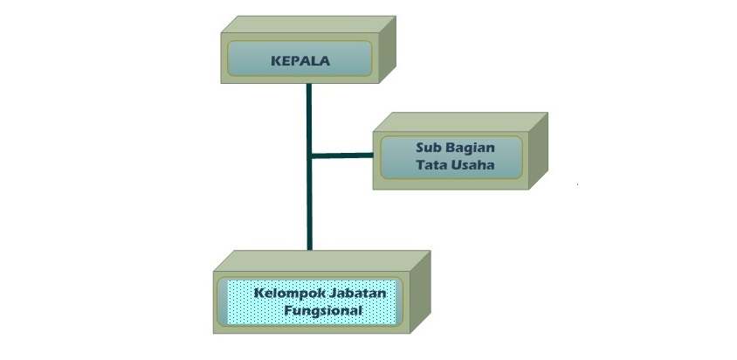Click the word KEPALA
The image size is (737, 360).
coord(300,61)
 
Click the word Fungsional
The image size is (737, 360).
coord(323,312)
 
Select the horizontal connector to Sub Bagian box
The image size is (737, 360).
coord(342,156)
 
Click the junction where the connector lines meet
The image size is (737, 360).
coord(309,156)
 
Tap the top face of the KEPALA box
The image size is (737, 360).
coord(308,24)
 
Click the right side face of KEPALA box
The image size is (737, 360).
coord(388,49)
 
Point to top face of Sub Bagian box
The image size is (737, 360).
coord(461,121)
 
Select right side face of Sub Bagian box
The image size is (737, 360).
coord(538,150)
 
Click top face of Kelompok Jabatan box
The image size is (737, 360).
coord(322,260)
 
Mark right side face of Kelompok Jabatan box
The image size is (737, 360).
coord(420,292)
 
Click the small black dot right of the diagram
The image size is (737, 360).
coord(578,184)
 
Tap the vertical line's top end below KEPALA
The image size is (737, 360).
coord(309,84)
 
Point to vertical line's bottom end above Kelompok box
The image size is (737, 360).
coord(310,249)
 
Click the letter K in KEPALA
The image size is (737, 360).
coord(275,61)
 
